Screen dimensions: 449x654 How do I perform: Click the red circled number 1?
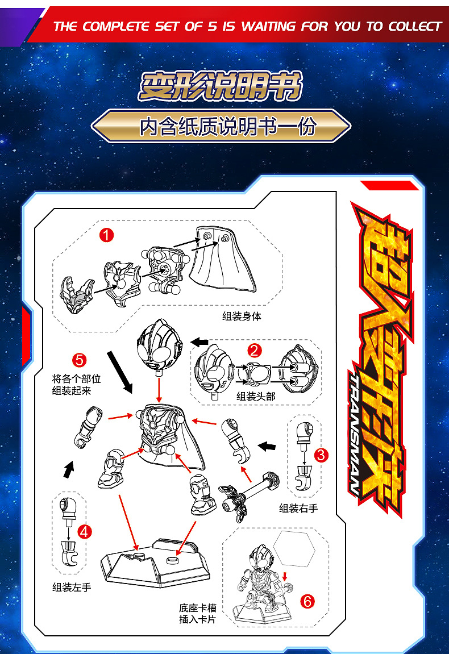click(106, 235)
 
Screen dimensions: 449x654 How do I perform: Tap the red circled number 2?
click(255, 351)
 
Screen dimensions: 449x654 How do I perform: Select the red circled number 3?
click(321, 455)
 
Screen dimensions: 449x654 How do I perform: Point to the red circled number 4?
click(84, 532)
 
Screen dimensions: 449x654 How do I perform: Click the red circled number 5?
click(79, 360)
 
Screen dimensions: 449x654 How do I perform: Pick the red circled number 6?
click(307, 601)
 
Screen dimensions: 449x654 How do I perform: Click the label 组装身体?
click(242, 316)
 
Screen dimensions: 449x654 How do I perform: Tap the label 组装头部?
click(256, 396)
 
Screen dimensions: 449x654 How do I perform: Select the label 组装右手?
click(298, 508)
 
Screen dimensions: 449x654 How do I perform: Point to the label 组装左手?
click(72, 588)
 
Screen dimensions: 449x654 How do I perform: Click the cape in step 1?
click(222, 259)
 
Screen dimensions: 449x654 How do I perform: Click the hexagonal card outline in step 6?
click(294, 548)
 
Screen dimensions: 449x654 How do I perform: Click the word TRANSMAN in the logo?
click(356, 434)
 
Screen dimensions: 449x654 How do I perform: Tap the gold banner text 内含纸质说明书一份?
click(228, 126)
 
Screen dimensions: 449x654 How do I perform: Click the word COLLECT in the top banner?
click(415, 26)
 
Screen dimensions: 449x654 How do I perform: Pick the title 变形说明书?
click(221, 86)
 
